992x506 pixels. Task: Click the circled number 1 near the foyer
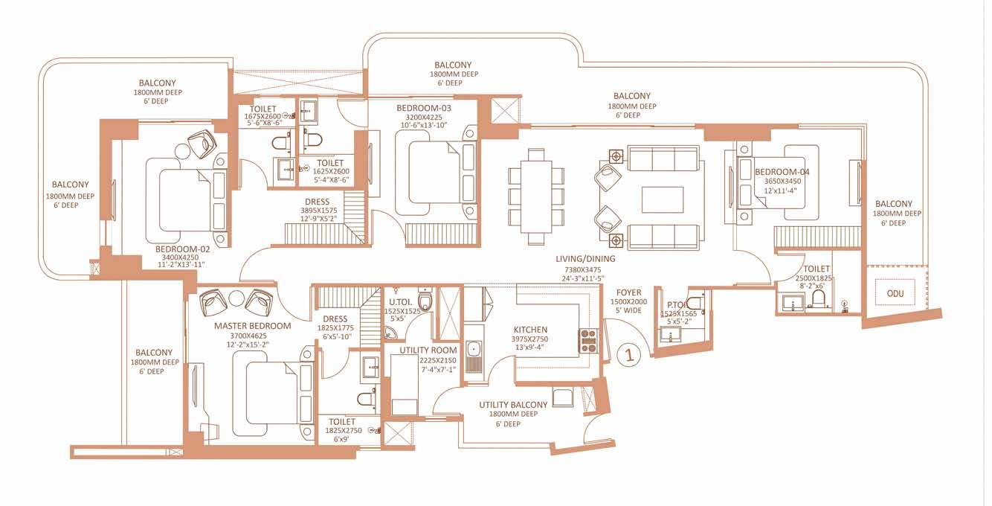628,354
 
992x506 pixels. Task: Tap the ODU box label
895,293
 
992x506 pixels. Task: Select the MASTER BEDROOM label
252,326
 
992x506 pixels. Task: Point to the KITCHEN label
530,330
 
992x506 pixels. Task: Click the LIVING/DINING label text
585,259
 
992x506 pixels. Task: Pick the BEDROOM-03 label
424,108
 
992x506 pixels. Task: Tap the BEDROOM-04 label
782,171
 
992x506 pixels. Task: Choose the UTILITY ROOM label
428,350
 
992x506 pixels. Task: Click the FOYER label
629,292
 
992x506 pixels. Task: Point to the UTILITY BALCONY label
513,405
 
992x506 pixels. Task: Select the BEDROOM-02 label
182,249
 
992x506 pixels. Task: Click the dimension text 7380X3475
583,269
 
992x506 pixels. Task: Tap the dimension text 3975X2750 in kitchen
529,339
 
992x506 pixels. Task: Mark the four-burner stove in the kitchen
588,341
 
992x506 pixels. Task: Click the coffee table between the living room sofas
663,200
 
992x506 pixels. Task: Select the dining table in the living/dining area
536,196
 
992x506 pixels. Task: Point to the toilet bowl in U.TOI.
425,299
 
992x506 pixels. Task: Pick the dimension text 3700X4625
248,336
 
